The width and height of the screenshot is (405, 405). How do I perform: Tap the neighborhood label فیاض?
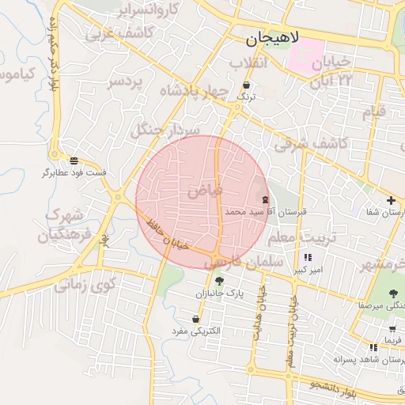pos(206,191)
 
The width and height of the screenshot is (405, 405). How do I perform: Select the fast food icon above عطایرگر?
pos(74,160)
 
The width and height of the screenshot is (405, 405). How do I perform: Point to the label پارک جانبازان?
pos(223,293)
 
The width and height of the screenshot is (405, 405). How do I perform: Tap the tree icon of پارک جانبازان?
pos(220,281)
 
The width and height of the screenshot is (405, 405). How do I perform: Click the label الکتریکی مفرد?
pos(195,331)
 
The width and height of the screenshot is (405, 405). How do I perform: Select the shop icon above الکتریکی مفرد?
pos(195,319)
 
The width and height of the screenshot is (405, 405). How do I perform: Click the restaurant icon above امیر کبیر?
pos(307,257)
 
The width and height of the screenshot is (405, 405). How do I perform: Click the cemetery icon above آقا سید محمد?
pos(265,200)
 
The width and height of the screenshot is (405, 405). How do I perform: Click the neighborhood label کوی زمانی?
pos(86,283)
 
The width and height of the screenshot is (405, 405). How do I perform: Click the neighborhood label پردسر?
pos(127,81)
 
